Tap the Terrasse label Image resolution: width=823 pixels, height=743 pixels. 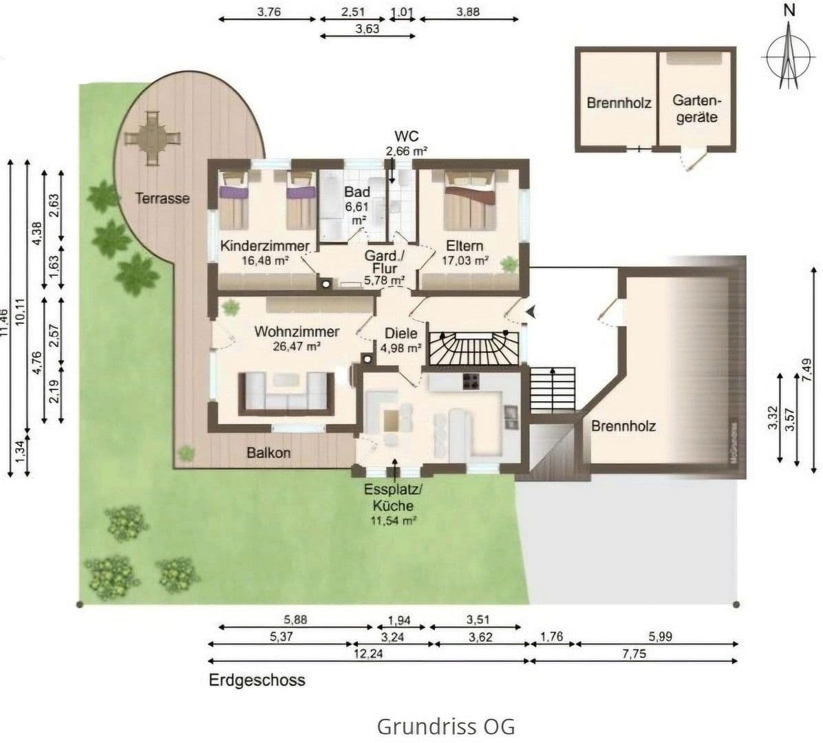[x=162, y=198]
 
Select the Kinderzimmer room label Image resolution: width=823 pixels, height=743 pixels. [x=265, y=246]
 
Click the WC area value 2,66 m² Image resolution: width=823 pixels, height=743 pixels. [x=407, y=151]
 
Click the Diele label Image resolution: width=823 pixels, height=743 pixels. [x=401, y=333]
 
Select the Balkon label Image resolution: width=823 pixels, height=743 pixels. [x=268, y=453]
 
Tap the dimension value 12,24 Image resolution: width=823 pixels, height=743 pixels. [x=368, y=654]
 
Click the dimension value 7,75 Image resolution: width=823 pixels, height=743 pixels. [x=634, y=654]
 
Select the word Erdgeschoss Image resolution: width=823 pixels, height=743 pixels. [x=257, y=680]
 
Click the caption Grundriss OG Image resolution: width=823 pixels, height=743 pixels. [x=445, y=726]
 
